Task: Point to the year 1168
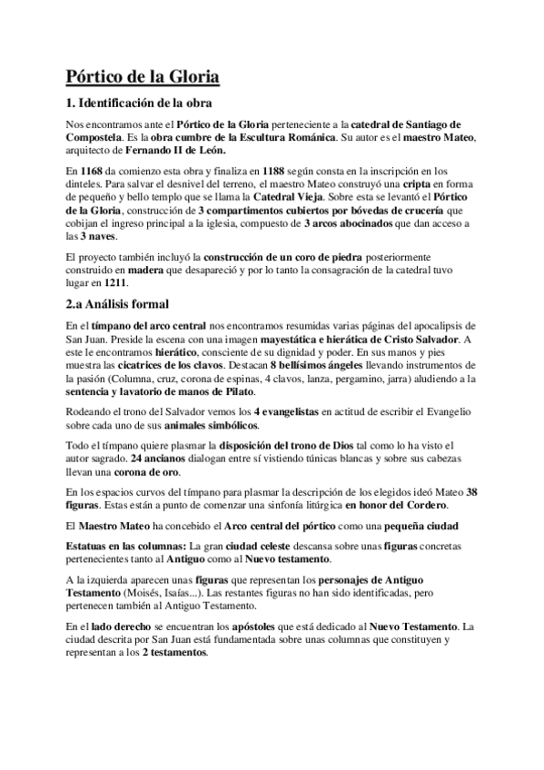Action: click(91, 170)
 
